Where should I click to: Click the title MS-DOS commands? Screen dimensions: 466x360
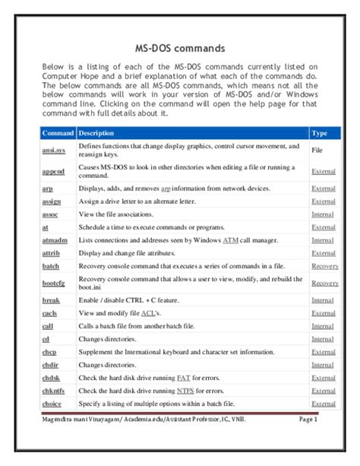(179, 47)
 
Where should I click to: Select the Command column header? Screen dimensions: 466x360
(58, 133)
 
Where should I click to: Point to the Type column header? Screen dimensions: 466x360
(320, 133)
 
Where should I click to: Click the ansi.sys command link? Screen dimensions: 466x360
(54, 151)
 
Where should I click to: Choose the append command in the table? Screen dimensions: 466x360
(53, 171)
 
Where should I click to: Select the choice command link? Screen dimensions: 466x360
(52, 404)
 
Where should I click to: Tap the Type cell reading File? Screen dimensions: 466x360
(317, 151)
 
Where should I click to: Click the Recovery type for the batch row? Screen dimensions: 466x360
(325, 266)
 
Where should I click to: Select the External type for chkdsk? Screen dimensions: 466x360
(324, 378)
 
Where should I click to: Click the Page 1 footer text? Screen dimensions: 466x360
(308, 419)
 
